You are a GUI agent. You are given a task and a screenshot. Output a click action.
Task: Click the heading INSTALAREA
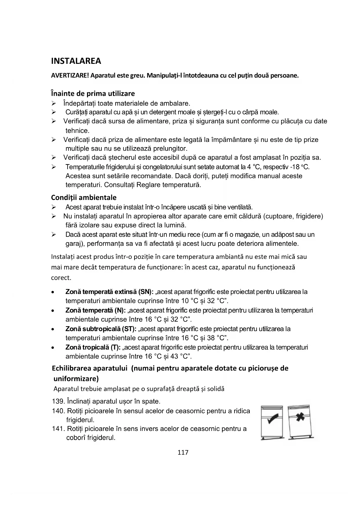tap(76, 61)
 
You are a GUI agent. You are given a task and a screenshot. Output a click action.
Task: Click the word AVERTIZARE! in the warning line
tap(70, 76)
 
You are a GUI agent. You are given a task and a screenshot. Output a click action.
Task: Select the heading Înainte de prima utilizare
tap(93, 93)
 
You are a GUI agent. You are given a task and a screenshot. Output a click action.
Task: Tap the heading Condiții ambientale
tap(84, 198)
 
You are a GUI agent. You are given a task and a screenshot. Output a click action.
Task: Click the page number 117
tap(183, 452)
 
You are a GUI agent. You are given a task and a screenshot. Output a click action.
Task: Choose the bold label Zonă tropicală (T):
tap(93, 347)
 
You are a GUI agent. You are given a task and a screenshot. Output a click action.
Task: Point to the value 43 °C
tap(180, 356)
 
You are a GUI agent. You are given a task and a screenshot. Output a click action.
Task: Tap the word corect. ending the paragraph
tap(61, 278)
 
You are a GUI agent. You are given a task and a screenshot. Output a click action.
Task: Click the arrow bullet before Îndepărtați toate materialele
tap(54, 103)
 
